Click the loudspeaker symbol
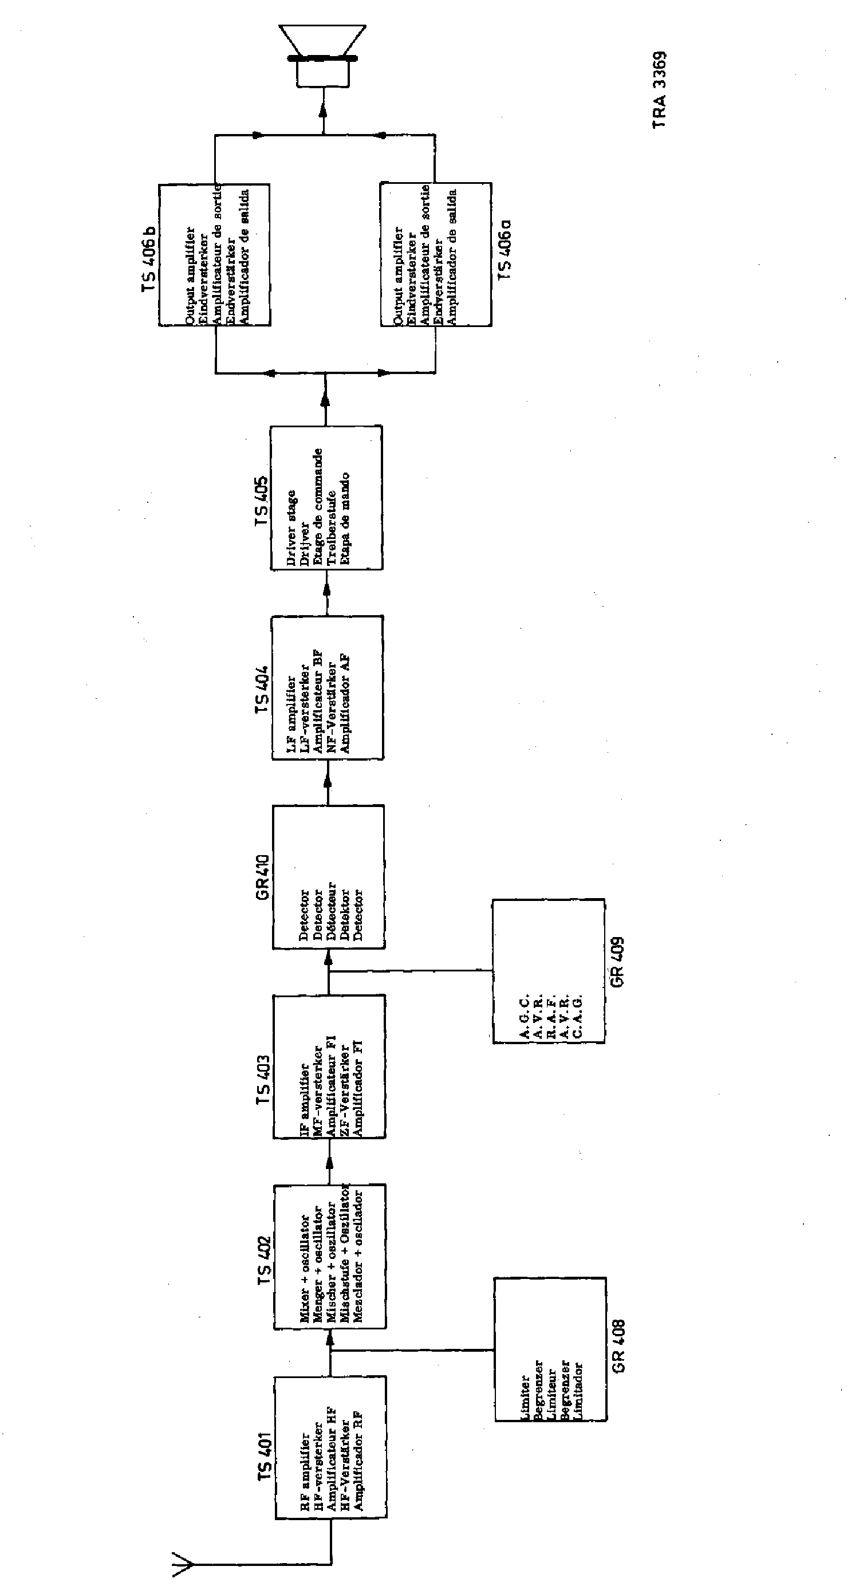coord(322,57)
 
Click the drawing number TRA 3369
coord(660,89)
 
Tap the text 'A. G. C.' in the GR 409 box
coord(525,1016)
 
